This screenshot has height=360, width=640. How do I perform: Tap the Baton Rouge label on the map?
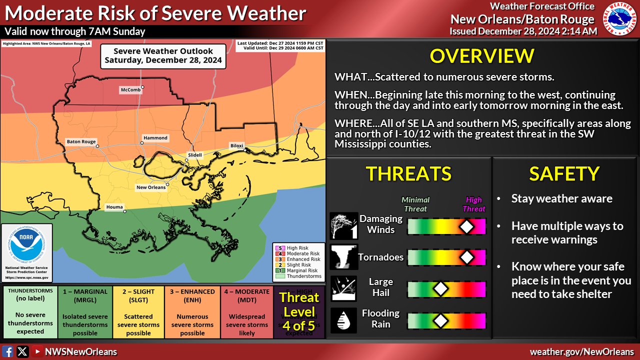pos(81,142)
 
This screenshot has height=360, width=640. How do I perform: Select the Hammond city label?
pos(155,138)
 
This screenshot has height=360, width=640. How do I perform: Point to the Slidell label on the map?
pos(195,155)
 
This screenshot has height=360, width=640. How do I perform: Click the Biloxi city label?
pos(236,145)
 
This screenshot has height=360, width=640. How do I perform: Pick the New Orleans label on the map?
pos(151,187)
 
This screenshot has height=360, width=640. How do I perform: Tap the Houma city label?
pos(114,207)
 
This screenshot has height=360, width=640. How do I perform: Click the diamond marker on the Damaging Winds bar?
pos(466,226)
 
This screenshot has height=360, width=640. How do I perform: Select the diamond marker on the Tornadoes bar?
pos(466,257)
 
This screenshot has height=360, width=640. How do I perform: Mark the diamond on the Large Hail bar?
pos(440,288)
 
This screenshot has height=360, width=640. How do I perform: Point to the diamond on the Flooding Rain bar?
pos(440,320)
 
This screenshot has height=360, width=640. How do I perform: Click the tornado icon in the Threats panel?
pos(343,257)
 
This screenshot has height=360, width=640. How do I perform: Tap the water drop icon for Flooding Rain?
pos(343,320)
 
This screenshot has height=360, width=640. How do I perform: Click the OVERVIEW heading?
pos(482,56)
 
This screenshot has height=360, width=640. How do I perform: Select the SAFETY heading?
pos(564,173)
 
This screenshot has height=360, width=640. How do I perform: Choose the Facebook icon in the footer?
pos(7,352)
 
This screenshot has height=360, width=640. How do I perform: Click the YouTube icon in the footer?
pos(37,352)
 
